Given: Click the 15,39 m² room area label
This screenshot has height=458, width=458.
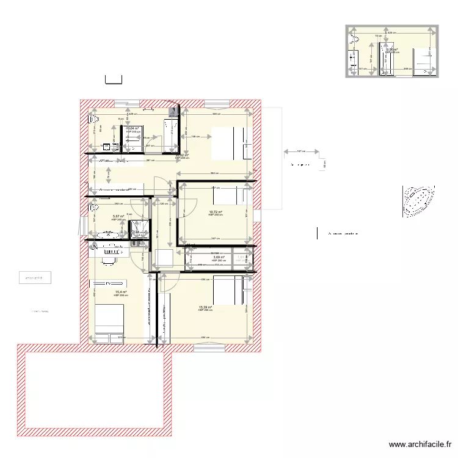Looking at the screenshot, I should click(x=205, y=307).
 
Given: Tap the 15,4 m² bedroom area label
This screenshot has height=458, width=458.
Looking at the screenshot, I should click(x=120, y=292).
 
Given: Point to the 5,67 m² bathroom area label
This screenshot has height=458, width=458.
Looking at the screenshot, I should click(x=118, y=216).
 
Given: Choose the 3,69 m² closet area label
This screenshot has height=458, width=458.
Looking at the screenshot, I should click(x=219, y=258).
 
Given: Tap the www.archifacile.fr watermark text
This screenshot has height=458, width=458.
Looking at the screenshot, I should click(x=421, y=445).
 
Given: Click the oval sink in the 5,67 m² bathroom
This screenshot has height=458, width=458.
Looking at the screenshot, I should click(x=107, y=233).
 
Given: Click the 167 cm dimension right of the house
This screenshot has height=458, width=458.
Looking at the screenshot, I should click(x=299, y=151).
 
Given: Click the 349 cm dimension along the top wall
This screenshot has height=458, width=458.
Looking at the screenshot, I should click(x=216, y=114).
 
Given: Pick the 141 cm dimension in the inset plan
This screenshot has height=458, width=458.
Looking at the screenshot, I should click(x=362, y=69).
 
